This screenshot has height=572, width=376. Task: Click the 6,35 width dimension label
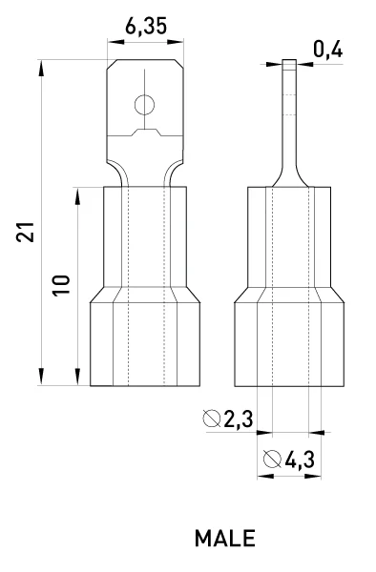(x=146, y=27)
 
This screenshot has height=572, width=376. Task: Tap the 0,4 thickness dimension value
(x=328, y=50)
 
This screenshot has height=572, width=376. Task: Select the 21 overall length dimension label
(x=25, y=232)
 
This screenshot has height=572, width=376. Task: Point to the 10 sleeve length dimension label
(x=61, y=285)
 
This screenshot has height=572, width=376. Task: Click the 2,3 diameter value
(x=238, y=419)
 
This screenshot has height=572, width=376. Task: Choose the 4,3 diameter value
(x=300, y=460)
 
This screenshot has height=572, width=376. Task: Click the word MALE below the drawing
(x=225, y=539)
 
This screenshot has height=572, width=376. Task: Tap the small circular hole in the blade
(x=144, y=105)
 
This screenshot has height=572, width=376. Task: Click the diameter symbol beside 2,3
(x=212, y=419)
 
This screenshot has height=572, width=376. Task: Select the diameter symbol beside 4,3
(x=272, y=460)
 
